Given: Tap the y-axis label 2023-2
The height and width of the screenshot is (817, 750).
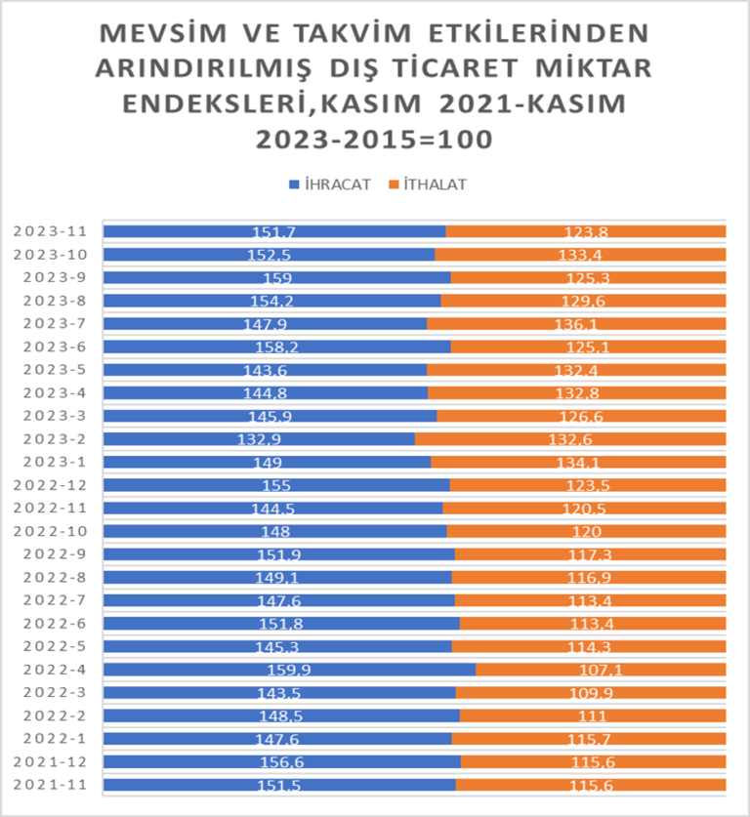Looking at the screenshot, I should (57, 439).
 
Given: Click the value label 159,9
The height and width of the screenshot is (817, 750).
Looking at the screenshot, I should (290, 670).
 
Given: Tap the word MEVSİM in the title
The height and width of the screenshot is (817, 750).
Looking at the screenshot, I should (162, 35).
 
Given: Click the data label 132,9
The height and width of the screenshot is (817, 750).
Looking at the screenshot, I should (259, 439).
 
